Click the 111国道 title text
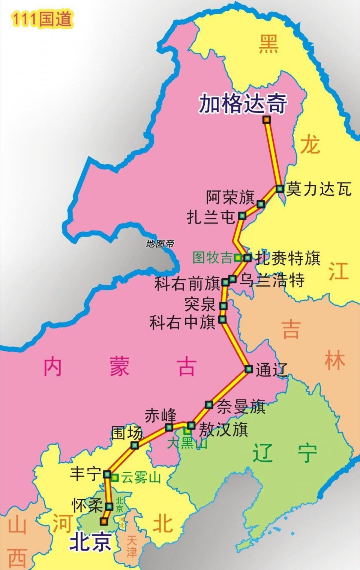click(x=41, y=19)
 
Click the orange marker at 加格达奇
click(x=266, y=120)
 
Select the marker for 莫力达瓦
click(x=280, y=188)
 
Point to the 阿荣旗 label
click(x=230, y=197)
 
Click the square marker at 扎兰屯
click(x=242, y=216)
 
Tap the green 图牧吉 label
click(x=212, y=258)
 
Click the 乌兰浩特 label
click(x=272, y=280)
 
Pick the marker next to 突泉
click(x=223, y=305)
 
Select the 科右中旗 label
click(x=183, y=322)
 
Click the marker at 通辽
click(x=248, y=369)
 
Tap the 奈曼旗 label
click(x=241, y=406)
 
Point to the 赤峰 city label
click(x=160, y=416)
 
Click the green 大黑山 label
click(x=187, y=443)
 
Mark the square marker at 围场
click(x=135, y=445)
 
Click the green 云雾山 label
click(x=141, y=478)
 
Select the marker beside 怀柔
click(x=109, y=506)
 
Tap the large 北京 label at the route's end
click(x=90, y=542)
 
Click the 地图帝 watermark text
click(x=160, y=244)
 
